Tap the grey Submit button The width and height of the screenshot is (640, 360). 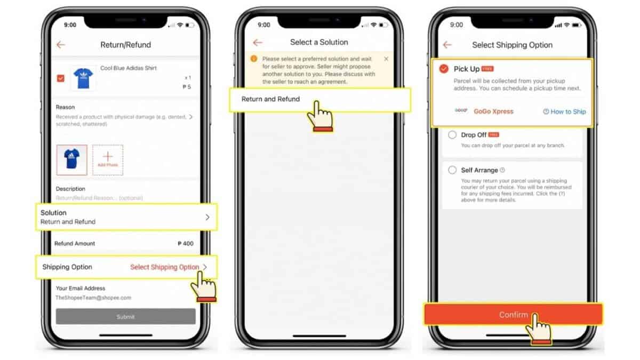(x=125, y=317)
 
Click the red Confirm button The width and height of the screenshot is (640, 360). (x=513, y=315)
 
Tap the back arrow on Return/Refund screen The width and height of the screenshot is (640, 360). (x=61, y=45)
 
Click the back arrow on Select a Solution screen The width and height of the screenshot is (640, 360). (x=258, y=42)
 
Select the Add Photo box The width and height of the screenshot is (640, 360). (x=108, y=160)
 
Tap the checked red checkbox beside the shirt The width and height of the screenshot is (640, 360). (x=61, y=78)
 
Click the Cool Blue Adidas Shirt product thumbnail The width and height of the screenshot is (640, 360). (x=83, y=78)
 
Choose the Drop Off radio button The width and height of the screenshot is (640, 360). (x=452, y=135)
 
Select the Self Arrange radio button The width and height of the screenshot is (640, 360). (x=452, y=170)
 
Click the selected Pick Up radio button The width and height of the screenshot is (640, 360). (x=444, y=69)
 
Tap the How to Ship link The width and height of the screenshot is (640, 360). (x=564, y=111)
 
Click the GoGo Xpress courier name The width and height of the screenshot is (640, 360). (x=493, y=111)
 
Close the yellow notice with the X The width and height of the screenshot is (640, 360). (x=386, y=59)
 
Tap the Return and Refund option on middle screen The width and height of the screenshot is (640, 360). (x=270, y=99)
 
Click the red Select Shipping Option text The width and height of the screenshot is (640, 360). (x=164, y=267)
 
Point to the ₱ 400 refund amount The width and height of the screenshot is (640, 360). (x=185, y=244)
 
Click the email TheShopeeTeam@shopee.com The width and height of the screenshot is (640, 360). (x=93, y=298)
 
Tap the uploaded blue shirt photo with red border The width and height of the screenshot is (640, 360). (x=71, y=160)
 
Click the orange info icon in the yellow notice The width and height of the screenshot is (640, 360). (x=253, y=59)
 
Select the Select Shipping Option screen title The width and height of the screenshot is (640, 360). (x=512, y=45)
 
